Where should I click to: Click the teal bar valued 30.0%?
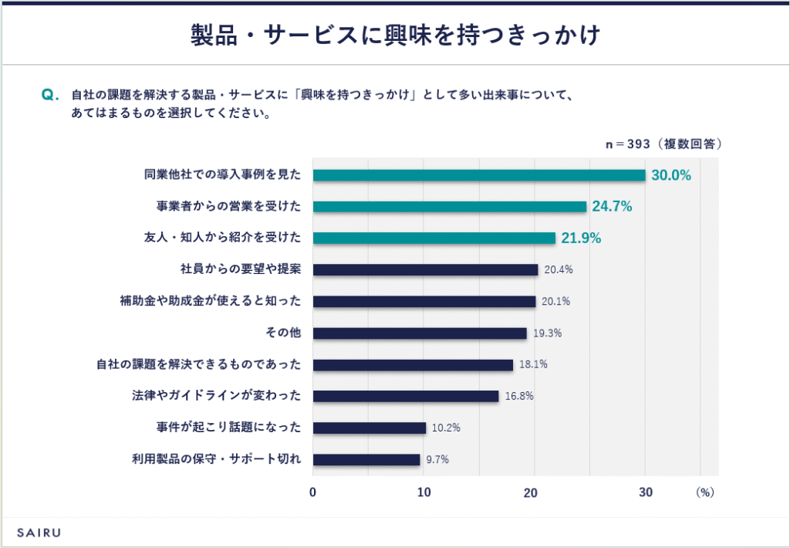(478, 175)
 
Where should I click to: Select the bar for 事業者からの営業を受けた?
(450, 207)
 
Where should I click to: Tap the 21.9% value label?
(581, 238)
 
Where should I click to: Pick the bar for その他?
(420, 333)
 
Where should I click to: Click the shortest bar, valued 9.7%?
(366, 459)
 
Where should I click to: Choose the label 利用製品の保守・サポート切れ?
(216, 459)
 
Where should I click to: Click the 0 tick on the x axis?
(313, 492)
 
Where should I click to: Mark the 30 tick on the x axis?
(645, 492)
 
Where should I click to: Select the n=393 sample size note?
(663, 144)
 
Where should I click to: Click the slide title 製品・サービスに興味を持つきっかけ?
(395, 36)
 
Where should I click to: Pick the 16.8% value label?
(518, 396)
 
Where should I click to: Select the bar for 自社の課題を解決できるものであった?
(413, 365)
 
